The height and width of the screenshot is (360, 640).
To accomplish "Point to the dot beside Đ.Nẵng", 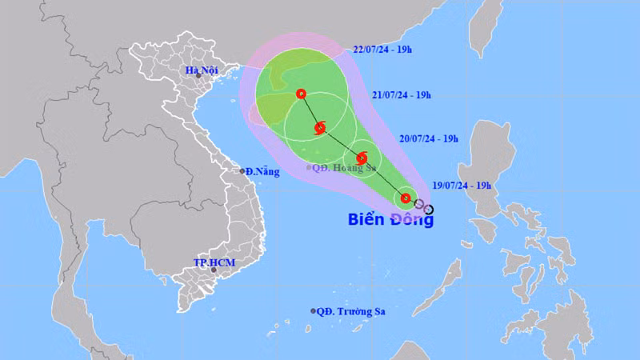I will (x=243, y=171).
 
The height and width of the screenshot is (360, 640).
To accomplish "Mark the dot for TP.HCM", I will (x=214, y=270).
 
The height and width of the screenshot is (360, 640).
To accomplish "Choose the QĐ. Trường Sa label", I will (x=350, y=311).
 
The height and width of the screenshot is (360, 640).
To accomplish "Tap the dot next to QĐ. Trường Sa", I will (x=313, y=311).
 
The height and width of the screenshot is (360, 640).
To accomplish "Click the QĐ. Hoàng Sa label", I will (x=344, y=168).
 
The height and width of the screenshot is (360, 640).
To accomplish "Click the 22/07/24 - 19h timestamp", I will (x=383, y=50).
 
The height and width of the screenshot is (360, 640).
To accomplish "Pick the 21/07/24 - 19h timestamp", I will (x=401, y=95).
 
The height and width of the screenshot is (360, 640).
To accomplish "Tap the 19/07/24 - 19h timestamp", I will (x=462, y=185).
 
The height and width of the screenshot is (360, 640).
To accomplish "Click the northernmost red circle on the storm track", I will (x=301, y=94).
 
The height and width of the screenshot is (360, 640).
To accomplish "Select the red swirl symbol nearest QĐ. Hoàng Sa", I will (x=361, y=158).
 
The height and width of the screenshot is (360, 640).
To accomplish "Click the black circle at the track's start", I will (x=429, y=210).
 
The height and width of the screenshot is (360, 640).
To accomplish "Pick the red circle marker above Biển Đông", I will (x=406, y=198).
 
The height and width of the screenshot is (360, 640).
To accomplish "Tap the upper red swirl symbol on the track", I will (x=320, y=127).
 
